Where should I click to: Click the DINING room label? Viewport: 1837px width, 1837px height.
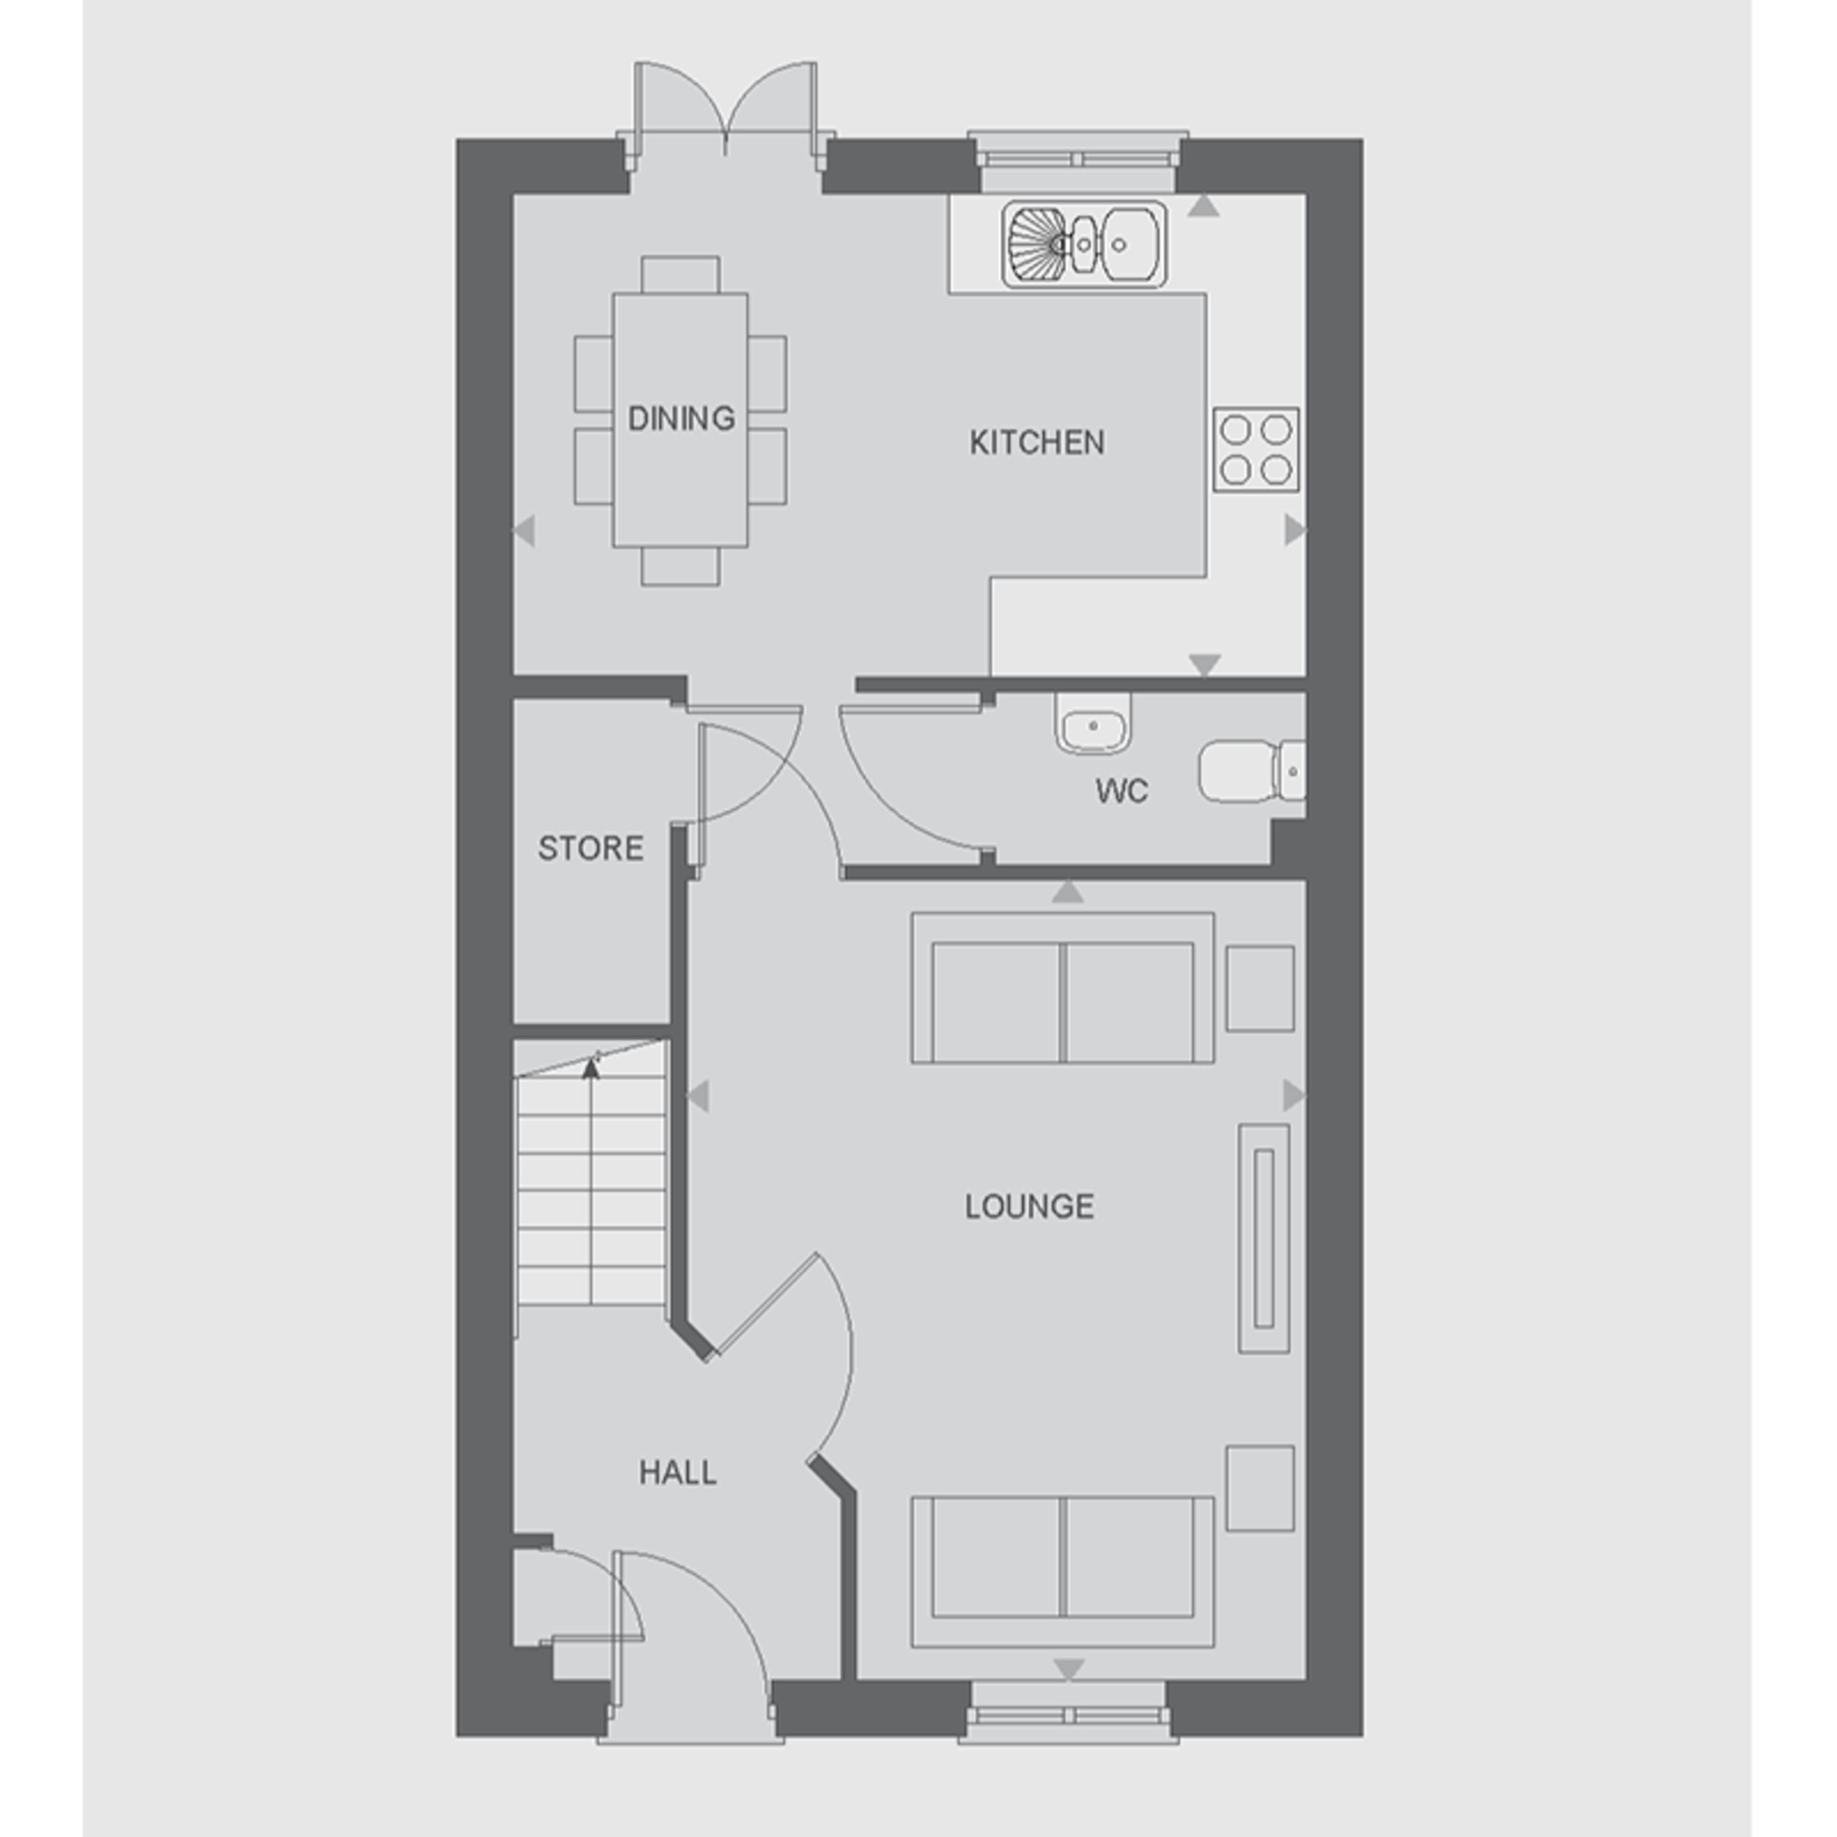(681, 419)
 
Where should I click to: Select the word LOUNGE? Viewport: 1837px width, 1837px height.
(1029, 1206)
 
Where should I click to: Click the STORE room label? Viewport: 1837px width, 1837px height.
(590, 848)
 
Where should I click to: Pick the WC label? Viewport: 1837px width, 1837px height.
(1121, 791)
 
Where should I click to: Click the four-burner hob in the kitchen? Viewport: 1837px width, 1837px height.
(1255, 450)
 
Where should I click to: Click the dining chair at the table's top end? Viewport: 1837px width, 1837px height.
(680, 275)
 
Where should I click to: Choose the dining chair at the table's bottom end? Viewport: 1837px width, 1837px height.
(680, 567)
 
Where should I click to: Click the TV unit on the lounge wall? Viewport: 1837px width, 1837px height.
(1263, 1238)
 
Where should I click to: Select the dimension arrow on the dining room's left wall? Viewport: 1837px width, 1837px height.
(524, 531)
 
